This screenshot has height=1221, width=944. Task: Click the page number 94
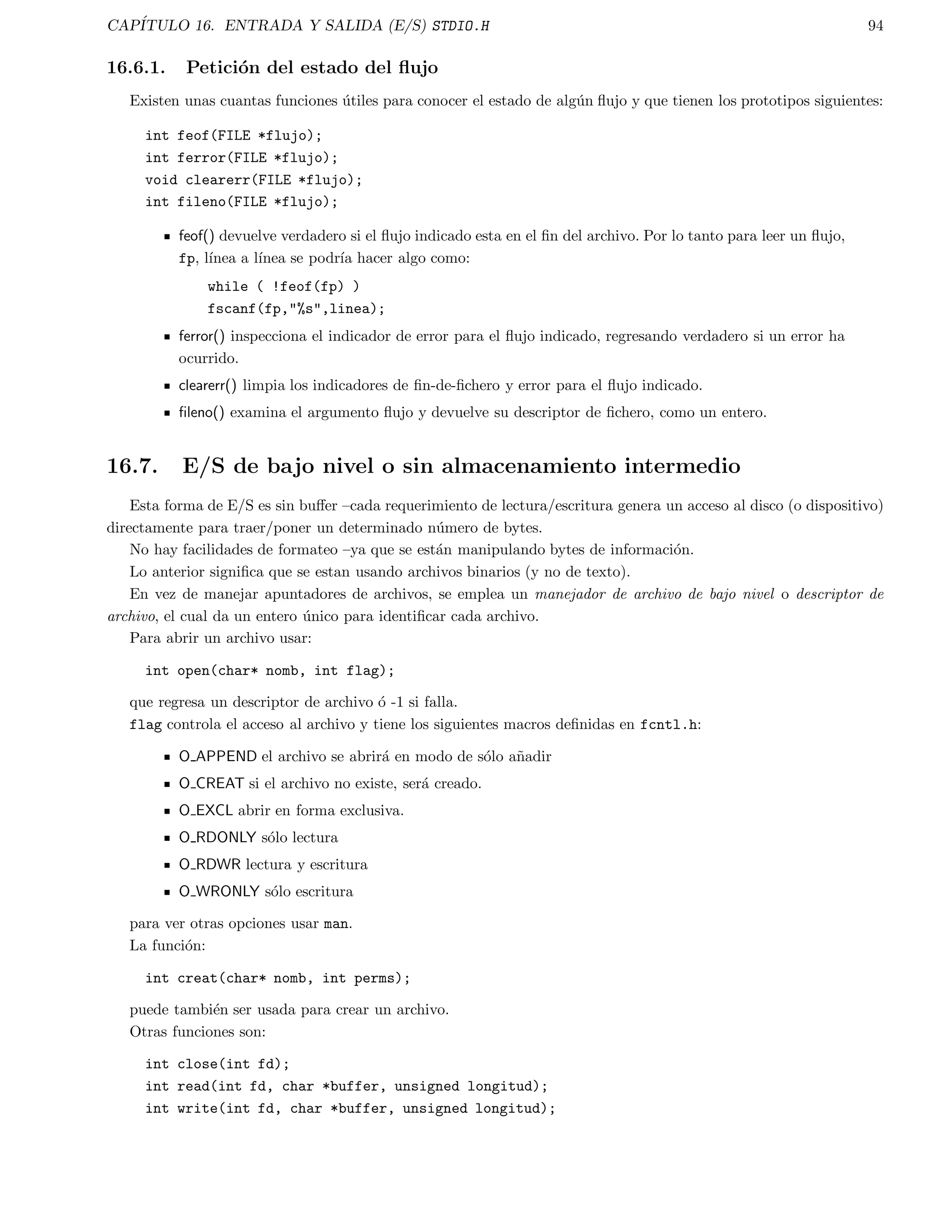[875, 26]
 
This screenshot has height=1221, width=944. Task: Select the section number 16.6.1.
[136, 68]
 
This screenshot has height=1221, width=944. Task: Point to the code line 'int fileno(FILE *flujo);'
[242, 202]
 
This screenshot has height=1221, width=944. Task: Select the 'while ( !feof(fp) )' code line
[283, 286]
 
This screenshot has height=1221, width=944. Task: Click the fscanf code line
[296, 309]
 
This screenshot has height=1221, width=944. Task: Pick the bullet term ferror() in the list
[201, 336]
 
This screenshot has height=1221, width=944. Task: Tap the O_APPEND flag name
[218, 757]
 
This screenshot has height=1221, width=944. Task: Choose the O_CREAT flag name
[211, 783]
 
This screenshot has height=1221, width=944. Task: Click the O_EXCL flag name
[205, 810]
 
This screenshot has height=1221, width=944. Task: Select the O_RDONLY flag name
[217, 838]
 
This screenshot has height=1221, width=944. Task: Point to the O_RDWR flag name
[209, 864]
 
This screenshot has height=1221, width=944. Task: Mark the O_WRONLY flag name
[218, 891]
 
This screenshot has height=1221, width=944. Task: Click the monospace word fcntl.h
[668, 725]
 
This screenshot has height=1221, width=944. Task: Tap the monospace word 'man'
[336, 923]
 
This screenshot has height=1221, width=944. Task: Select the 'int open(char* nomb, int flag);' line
[270, 670]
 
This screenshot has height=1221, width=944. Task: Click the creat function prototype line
[277, 978]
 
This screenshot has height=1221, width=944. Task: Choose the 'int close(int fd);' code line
[218, 1064]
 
